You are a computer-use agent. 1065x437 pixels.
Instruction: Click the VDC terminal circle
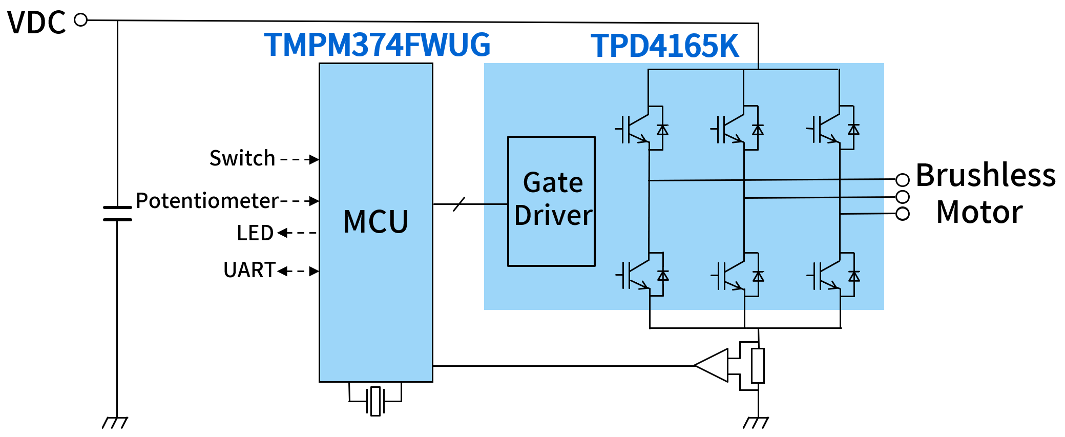[x=81, y=20]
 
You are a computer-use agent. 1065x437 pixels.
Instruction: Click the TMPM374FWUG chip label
[x=377, y=45]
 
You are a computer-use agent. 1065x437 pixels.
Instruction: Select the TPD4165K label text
[x=664, y=46]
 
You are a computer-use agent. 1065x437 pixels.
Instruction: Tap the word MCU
[x=375, y=222]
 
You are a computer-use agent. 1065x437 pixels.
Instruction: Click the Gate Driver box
[x=551, y=201]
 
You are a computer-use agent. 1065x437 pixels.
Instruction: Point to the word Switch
[x=242, y=158]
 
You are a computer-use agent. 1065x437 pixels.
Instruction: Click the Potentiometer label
[x=207, y=201]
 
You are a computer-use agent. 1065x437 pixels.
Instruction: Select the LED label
[x=255, y=233]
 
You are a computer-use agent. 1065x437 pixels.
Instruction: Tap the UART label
[x=249, y=270]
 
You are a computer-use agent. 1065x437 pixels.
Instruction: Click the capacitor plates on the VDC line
[x=117, y=213]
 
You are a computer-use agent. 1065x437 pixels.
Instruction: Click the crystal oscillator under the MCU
[x=375, y=401]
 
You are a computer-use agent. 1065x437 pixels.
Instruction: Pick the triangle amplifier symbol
[x=712, y=365]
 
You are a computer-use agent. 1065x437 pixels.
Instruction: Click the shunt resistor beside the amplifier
[x=758, y=365]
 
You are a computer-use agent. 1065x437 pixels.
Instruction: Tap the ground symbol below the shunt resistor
[x=756, y=423]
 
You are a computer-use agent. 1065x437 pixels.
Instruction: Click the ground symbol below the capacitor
[x=115, y=423]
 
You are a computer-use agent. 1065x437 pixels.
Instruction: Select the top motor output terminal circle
[x=903, y=180]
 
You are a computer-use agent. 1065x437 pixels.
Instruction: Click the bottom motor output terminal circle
[x=903, y=214]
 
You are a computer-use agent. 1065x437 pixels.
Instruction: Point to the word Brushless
[x=985, y=175]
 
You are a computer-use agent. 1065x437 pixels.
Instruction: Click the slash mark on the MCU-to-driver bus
[x=459, y=204]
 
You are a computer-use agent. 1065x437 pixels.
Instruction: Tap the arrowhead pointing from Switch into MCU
[x=314, y=159]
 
